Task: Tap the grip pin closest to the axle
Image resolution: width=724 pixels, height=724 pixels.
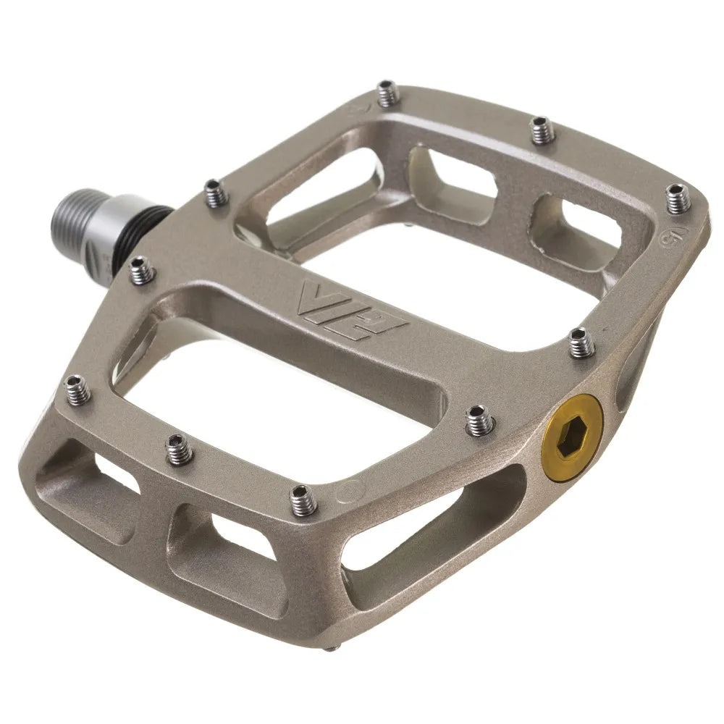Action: click(x=214, y=193)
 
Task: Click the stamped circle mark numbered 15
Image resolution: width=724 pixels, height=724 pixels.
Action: click(x=667, y=237)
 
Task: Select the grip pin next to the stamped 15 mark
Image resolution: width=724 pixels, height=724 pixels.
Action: click(x=678, y=198)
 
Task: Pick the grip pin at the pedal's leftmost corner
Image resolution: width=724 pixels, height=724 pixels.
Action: click(x=78, y=389)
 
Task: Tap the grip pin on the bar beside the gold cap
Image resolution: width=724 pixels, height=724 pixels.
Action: click(x=479, y=419)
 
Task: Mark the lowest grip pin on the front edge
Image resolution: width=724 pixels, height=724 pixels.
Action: click(x=303, y=500)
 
